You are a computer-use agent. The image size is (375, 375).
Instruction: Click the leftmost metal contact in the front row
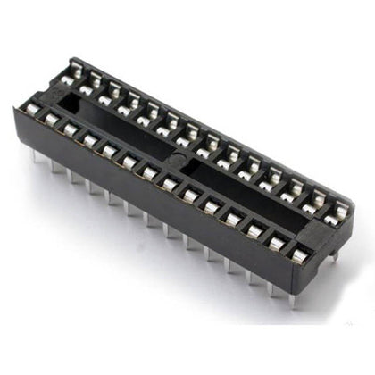[32, 110]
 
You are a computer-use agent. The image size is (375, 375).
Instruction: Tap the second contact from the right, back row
[320, 198]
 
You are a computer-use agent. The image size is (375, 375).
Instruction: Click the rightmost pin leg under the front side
[292, 299]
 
